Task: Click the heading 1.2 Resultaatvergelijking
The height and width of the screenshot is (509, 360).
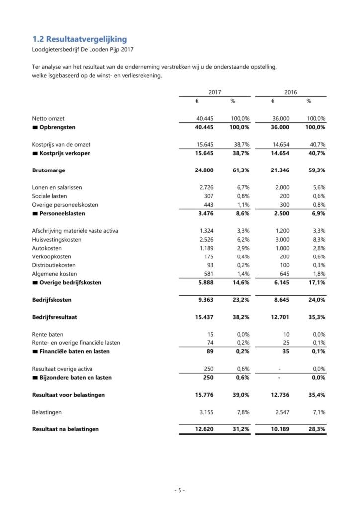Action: tap(80, 39)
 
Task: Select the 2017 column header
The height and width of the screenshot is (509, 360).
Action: tap(215, 92)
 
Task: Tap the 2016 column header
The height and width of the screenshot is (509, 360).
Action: tap(291, 92)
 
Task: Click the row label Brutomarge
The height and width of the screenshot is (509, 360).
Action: tap(49, 170)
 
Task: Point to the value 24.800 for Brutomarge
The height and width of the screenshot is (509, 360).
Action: tap(204, 170)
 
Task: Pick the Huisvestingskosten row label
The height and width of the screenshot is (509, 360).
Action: tap(57, 239)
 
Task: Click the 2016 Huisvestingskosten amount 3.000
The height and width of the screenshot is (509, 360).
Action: tap(281, 239)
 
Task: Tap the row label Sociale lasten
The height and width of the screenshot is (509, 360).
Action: tap(51, 196)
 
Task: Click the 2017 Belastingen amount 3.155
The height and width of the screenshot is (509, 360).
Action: tap(206, 412)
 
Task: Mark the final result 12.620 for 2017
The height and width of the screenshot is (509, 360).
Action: tap(204, 429)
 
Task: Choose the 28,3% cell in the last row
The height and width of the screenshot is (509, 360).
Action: tap(316, 429)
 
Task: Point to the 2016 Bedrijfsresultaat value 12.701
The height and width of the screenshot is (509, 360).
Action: tap(280, 317)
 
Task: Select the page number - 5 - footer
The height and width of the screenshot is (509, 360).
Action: tap(180, 490)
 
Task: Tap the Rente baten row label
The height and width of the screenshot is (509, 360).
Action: tap(48, 334)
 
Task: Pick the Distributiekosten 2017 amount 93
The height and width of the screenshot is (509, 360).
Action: tap(209, 265)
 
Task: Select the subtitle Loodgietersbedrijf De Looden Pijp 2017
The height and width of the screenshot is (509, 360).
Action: tap(83, 49)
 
